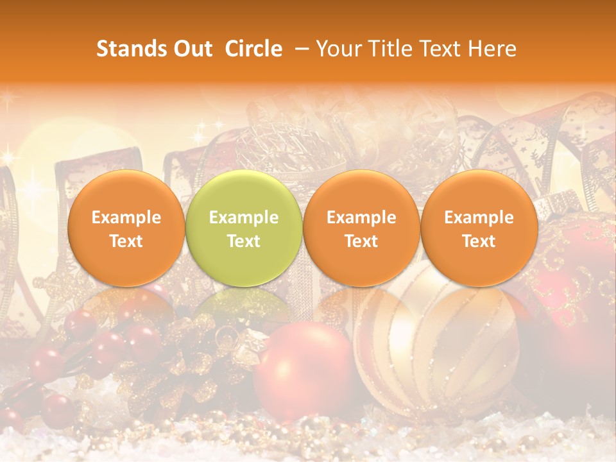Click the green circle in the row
point(243,228)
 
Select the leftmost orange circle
point(126,228)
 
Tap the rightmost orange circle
point(479,228)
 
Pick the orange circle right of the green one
point(361,228)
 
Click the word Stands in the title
point(132,49)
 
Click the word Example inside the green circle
point(244,218)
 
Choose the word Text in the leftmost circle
point(126,241)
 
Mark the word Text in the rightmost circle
point(479,241)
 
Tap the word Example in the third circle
point(361,218)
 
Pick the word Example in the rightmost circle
point(479,218)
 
